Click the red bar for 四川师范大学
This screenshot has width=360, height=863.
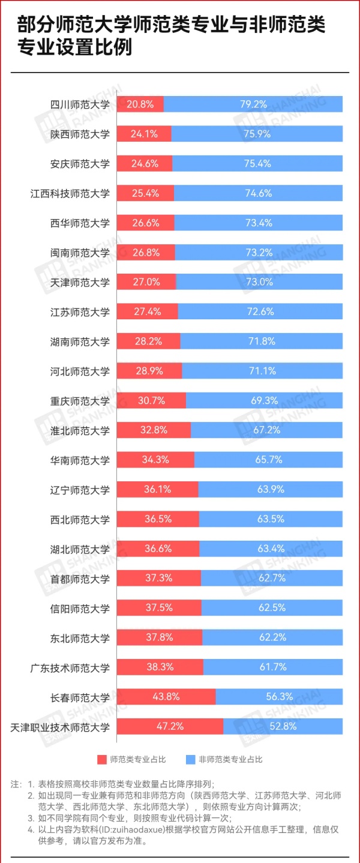pyautogui.click(x=139, y=104)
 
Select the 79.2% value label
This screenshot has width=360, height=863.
pyautogui.click(x=253, y=104)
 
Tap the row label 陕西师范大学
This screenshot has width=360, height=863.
pyautogui.click(x=80, y=134)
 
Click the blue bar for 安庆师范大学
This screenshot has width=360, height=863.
pyautogui.click(x=257, y=164)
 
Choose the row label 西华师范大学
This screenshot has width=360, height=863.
pyautogui.click(x=80, y=223)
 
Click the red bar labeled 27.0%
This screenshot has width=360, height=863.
pyautogui.click(x=145, y=282)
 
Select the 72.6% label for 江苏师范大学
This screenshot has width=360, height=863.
pyautogui.click(x=260, y=311)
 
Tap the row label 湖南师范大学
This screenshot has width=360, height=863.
pyautogui.click(x=80, y=341)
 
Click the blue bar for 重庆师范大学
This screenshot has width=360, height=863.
pyautogui.click(x=264, y=400)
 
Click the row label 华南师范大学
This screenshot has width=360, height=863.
pyautogui.click(x=80, y=460)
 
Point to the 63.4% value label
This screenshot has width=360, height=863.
pyautogui.click(x=271, y=549)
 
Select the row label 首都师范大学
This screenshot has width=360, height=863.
pyautogui.click(x=80, y=579)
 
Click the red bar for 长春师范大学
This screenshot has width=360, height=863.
pyautogui.click(x=166, y=697)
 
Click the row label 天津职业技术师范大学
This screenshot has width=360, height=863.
pyautogui.click(x=60, y=727)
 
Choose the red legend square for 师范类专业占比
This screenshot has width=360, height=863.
pyautogui.click(x=103, y=759)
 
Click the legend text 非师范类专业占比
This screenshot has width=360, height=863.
pyautogui.click(x=230, y=759)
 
